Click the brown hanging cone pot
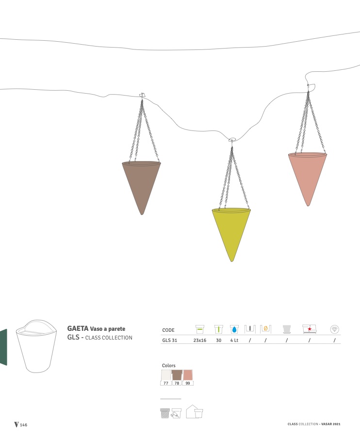pos(142,184)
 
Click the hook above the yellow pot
pos(232,140)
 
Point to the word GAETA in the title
pos(78,328)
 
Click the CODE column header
pos(168,330)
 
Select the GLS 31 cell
pos(170,340)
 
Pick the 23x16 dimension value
pos(200,340)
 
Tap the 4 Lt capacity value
pos(234,340)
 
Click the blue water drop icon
pos(234,329)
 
